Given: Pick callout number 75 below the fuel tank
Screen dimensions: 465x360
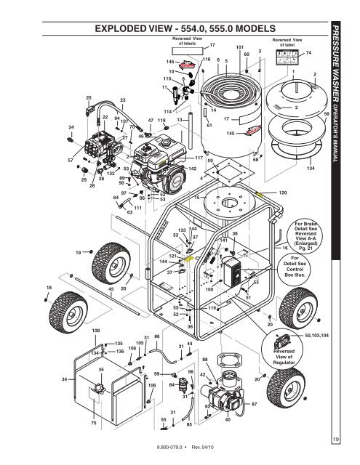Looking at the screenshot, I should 93,422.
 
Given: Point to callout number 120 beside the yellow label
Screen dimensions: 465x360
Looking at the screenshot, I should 284,193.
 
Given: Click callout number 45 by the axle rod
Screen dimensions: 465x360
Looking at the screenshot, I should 110,288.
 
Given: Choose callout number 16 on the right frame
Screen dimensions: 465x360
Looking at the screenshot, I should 285,247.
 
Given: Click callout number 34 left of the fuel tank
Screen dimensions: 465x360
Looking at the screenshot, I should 66,379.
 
